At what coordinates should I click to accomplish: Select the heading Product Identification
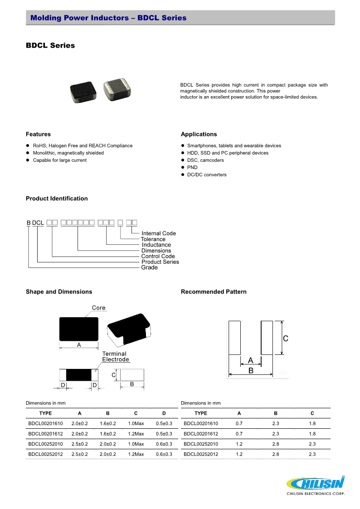tap(57, 199)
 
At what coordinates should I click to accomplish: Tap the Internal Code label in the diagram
tap(159, 233)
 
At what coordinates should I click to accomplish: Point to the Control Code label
tap(158, 256)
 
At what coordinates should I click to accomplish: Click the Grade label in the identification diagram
tap(150, 267)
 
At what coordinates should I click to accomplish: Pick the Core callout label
tap(98, 308)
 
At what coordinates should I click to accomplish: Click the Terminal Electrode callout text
tap(115, 357)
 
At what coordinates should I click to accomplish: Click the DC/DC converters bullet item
tap(207, 175)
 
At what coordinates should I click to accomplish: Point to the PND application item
tap(192, 167)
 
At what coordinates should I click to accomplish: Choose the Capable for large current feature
tap(59, 160)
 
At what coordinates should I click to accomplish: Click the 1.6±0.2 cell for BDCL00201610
tap(108, 423)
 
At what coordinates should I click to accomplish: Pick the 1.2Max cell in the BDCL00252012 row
tap(136, 454)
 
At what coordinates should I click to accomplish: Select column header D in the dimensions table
tap(164, 413)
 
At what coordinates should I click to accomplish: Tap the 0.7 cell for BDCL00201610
tap(239, 423)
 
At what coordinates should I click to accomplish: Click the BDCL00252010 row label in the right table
tap(201, 444)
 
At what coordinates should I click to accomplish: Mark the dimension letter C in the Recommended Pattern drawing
tap(286, 339)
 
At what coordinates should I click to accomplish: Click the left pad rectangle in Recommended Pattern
tap(234, 338)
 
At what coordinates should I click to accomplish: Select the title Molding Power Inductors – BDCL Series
tap(108, 18)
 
